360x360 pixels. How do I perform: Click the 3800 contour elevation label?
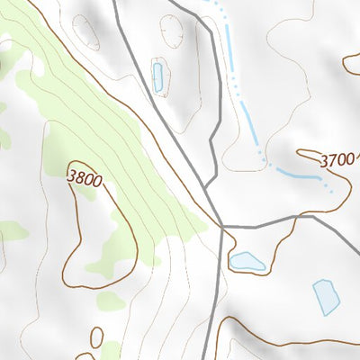click(x=84, y=178)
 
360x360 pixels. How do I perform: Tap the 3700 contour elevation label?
click(x=337, y=160)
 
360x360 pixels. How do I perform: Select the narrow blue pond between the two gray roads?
click(x=158, y=77)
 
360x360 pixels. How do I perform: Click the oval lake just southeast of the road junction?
click(x=247, y=262)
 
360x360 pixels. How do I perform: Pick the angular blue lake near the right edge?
click(x=326, y=296)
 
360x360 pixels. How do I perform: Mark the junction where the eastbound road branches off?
click(x=221, y=227)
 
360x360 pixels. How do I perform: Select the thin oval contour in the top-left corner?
click(x=86, y=32)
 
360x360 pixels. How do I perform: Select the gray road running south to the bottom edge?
click(x=213, y=306)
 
